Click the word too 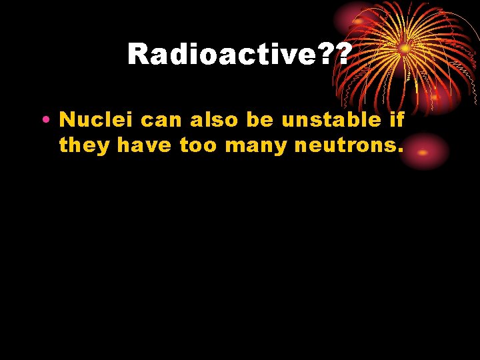(199, 145)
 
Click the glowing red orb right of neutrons (423, 151)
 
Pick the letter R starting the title (139, 53)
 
